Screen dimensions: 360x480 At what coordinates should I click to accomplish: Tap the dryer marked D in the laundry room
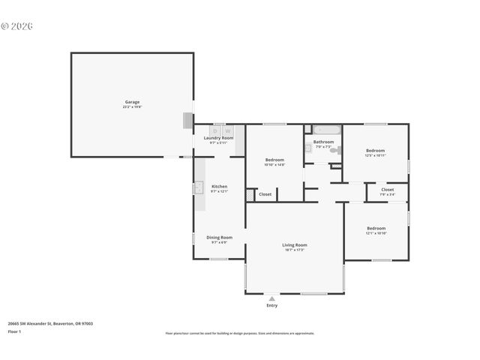(214, 130)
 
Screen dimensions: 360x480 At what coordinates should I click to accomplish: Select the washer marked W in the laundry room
(228, 130)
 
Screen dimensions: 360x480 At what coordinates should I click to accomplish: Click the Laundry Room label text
(218, 139)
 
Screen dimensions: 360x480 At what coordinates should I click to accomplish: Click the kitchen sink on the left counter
(199, 188)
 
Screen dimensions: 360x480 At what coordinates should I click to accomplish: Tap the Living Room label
(295, 246)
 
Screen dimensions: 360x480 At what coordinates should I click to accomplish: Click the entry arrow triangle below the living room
(271, 298)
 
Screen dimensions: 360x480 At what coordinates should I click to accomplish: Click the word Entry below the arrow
(271, 305)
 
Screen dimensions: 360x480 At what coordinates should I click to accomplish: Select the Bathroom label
(323, 142)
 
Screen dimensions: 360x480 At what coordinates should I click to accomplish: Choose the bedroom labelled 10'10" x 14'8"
(274, 161)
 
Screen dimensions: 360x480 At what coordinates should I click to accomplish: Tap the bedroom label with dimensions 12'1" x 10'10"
(376, 229)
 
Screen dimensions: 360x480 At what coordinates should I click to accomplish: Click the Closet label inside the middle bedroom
(265, 194)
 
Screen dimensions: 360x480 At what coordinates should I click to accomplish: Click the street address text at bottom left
(50, 323)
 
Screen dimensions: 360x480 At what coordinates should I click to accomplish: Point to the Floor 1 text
(14, 331)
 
